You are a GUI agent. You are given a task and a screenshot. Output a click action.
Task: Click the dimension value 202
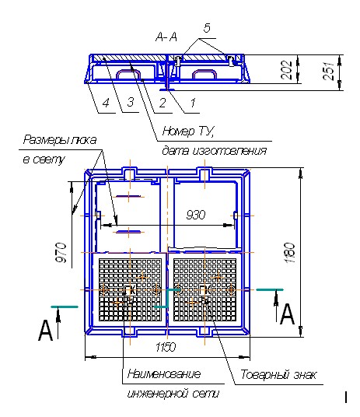[286, 70]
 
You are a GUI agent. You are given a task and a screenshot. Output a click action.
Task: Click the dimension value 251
[328, 71]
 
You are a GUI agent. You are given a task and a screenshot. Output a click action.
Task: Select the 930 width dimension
[196, 215]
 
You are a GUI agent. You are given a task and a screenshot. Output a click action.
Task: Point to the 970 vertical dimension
[61, 252]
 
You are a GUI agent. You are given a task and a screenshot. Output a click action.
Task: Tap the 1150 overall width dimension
[166, 347]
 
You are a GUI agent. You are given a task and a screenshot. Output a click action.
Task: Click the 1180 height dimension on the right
[290, 253]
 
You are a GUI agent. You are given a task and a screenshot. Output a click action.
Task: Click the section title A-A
[166, 37]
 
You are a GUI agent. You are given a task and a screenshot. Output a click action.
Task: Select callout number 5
[207, 28]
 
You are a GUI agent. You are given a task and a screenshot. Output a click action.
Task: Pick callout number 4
[106, 103]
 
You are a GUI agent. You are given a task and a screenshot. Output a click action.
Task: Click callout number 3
[131, 102]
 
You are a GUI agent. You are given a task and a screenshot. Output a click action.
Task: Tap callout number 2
[163, 103]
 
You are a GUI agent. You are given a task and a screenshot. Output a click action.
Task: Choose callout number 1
[193, 103]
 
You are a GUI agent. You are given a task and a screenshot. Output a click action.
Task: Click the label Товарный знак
[278, 375]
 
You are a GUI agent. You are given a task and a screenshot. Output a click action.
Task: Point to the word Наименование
[164, 374]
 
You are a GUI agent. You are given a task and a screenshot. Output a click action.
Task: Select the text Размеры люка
[60, 140]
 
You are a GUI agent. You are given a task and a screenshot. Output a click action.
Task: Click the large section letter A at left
[46, 330]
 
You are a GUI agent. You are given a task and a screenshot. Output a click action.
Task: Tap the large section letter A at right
[288, 314]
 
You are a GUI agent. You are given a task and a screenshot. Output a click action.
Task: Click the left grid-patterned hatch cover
[130, 289]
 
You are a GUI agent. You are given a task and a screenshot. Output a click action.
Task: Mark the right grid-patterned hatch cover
[204, 289]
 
